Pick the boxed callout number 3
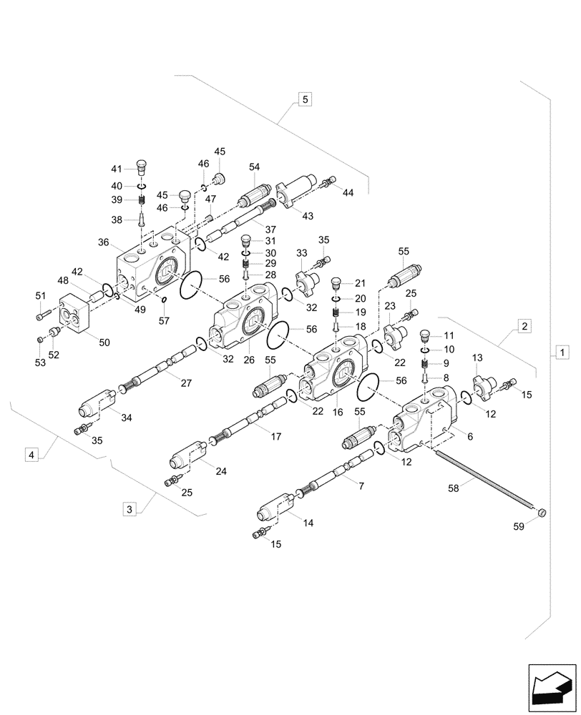click(129, 509)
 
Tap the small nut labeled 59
click(542, 512)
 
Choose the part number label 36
click(104, 242)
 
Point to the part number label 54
click(254, 167)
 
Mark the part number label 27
click(186, 383)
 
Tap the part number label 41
click(116, 169)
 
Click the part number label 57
click(165, 320)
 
